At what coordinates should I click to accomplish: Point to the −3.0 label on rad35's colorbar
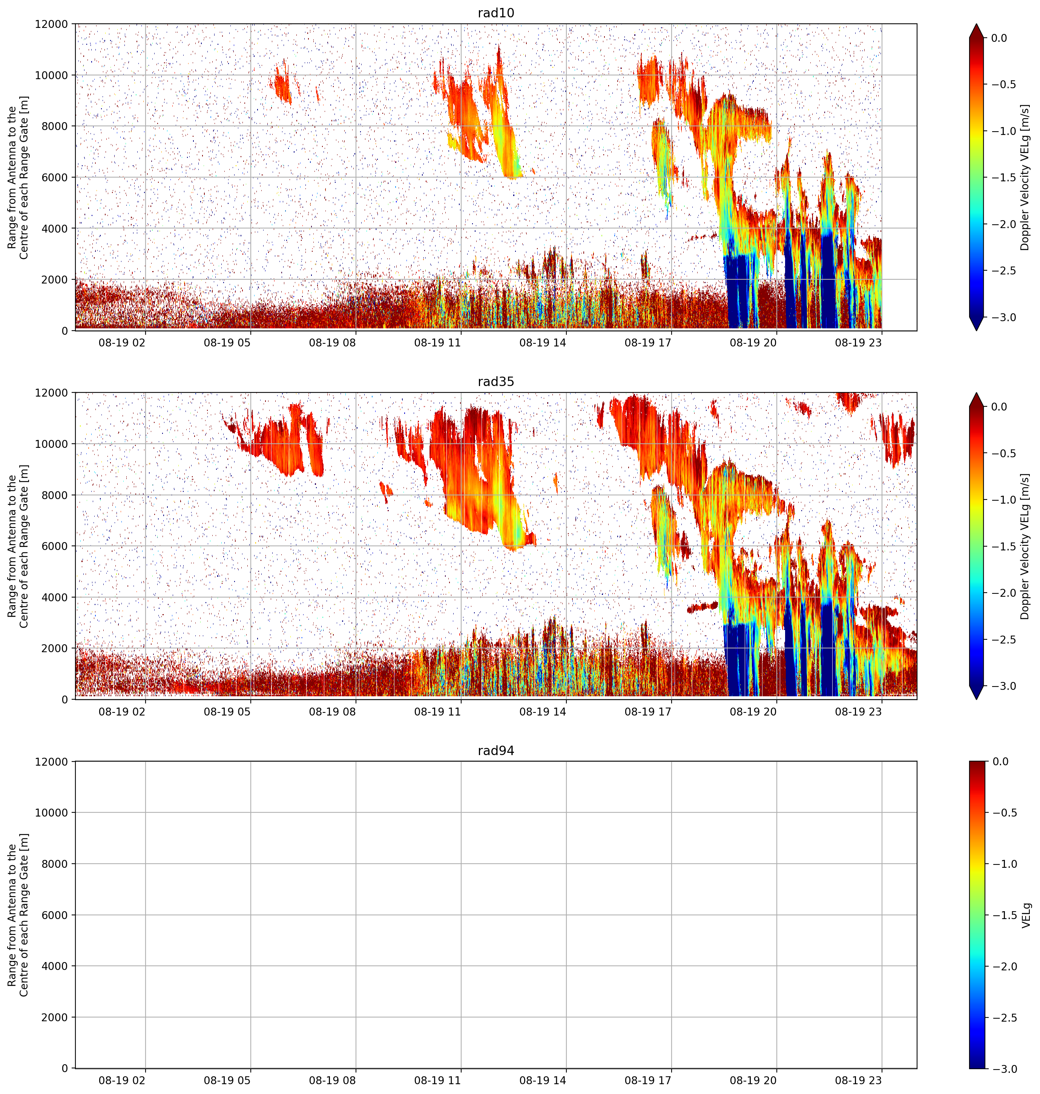(x=1004, y=686)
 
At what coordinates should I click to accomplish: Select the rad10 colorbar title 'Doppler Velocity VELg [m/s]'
(x=1025, y=177)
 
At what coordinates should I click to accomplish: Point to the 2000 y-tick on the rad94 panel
(x=55, y=1017)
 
